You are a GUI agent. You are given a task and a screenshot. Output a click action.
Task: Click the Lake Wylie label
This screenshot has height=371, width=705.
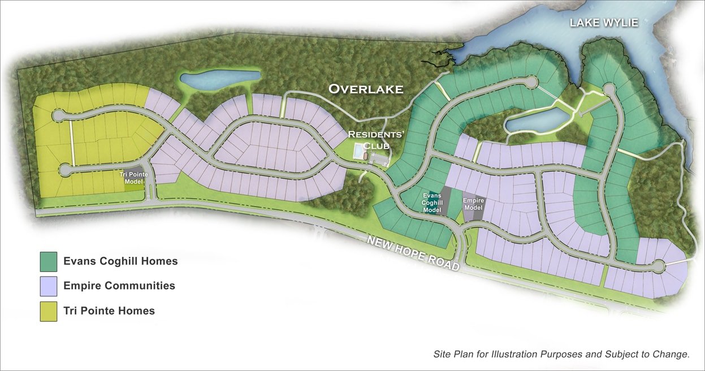point(604,23)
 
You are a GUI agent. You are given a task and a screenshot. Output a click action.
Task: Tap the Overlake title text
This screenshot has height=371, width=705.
point(366,89)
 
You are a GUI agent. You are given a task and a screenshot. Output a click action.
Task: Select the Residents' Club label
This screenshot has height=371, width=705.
point(370,139)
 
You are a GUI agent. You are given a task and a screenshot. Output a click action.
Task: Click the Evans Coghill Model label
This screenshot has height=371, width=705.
point(432,202)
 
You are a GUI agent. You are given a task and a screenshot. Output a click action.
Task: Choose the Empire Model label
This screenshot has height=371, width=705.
point(473,204)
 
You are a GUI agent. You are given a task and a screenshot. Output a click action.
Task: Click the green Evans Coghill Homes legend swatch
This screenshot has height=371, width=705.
point(49,261)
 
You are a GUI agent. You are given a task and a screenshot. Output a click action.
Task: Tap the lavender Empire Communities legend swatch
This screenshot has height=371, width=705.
point(49,286)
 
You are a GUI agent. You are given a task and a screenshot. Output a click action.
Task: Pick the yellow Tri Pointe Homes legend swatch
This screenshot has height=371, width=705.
point(49,311)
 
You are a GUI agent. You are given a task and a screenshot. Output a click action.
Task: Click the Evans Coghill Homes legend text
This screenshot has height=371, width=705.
point(120,261)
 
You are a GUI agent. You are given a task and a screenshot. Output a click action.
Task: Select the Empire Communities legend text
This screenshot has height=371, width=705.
point(119,286)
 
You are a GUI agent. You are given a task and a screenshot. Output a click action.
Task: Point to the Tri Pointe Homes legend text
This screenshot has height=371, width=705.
point(109,311)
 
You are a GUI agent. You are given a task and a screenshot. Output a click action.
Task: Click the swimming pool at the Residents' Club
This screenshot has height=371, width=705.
point(358,151)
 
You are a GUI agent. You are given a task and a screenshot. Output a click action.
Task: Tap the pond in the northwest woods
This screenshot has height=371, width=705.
point(219,80)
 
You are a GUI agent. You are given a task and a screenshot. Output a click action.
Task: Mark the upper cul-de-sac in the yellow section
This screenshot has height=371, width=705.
point(58,116)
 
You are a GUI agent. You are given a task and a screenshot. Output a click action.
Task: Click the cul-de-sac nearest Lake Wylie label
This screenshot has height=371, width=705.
point(608,89)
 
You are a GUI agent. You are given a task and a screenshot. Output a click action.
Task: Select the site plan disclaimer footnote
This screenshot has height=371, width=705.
point(561,355)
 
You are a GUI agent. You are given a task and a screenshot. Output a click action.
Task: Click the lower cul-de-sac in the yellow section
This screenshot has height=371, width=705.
point(64,169)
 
